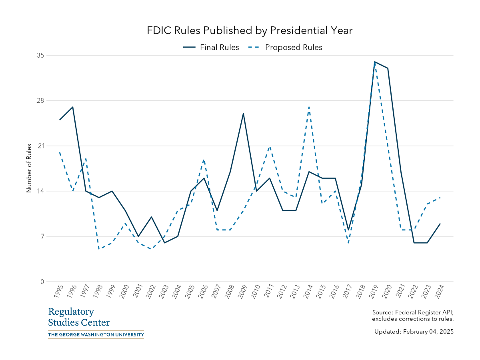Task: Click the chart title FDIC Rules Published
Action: click(250, 30)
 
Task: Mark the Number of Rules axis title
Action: click(29, 168)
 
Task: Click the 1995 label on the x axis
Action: click(58, 293)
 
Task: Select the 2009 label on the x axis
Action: click(242, 293)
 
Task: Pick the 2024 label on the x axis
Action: click(439, 293)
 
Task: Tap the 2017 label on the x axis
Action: click(347, 293)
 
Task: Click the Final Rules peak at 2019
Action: click(375, 62)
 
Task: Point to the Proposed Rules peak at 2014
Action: click(309, 107)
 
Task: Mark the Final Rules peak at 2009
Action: click(243, 114)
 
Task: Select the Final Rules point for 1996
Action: click(73, 107)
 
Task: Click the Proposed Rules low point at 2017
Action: click(348, 243)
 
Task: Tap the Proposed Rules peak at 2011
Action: click(270, 146)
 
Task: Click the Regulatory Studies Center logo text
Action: click(79, 317)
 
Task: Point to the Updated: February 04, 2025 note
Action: click(414, 332)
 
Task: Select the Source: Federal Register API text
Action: click(412, 312)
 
